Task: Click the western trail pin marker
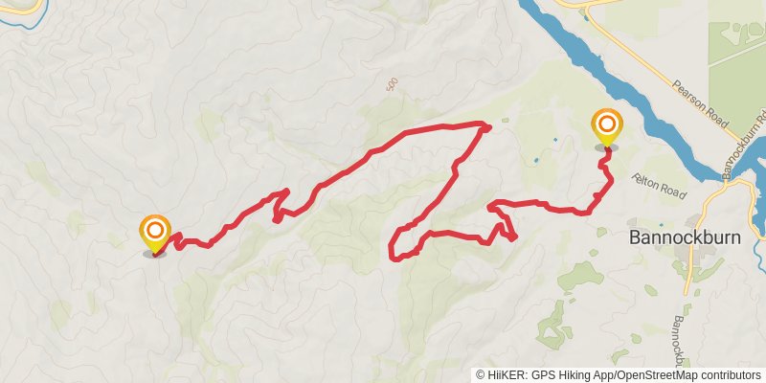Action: [155, 233]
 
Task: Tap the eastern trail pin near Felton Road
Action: [606, 126]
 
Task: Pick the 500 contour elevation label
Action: [391, 84]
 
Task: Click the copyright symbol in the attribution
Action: [480, 374]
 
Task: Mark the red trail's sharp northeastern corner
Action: [485, 125]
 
